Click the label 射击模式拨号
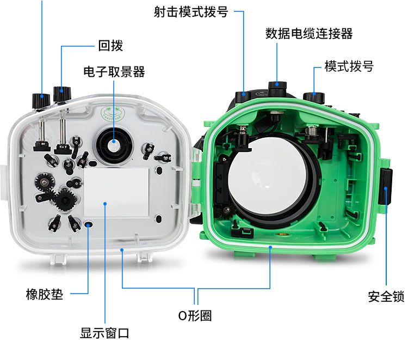coord(191,12)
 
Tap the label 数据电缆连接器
coord(309,34)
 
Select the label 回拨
coord(110,46)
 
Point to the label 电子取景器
coord(114,72)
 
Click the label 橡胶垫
coord(45,294)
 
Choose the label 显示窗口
coord(104,333)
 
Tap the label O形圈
coord(195,316)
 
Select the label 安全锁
coord(386,297)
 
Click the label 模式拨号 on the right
coord(349,66)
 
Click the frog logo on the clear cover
coord(113,114)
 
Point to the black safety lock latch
coord(385,186)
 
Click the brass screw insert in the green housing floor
coord(282,235)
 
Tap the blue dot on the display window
coord(105,204)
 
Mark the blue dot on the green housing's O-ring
coord(270,247)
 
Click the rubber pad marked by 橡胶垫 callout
coord(89,224)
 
